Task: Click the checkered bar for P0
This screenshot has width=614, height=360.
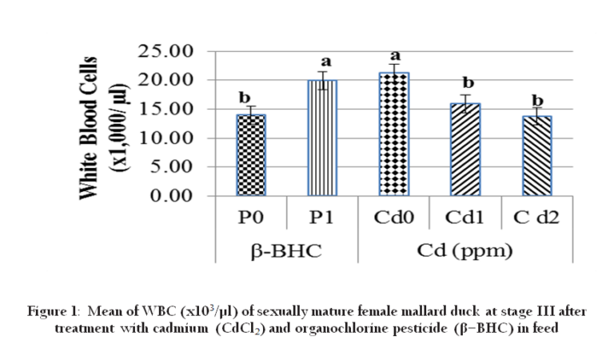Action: click(250, 155)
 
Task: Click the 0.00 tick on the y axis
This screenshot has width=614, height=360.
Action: click(171, 196)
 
